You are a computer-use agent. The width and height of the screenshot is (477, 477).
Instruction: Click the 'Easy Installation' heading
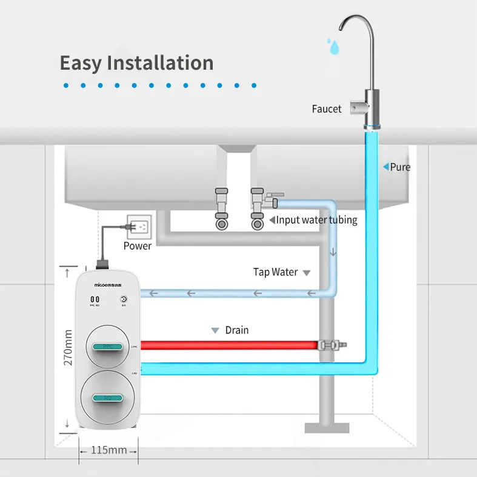136,63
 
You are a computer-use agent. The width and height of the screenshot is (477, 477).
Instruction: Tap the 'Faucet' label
327,109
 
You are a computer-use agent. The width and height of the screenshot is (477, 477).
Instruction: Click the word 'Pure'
400,167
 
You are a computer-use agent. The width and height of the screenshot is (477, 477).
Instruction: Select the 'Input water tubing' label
316,220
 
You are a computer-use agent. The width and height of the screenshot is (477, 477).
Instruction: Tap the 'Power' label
138,245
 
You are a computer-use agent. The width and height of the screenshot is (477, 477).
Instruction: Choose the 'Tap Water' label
276,272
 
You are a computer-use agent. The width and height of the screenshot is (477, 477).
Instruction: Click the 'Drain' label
237,330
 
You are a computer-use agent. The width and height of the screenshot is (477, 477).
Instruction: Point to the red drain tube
230,345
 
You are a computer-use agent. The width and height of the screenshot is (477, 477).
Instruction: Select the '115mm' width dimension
109,450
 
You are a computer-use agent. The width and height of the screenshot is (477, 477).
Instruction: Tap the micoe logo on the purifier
108,282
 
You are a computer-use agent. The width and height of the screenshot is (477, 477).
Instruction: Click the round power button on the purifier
124,299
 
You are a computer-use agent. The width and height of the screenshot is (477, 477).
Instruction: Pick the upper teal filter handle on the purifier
108,346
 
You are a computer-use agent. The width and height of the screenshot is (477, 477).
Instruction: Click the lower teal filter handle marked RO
108,397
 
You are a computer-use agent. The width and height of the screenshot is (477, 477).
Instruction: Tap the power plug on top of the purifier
101,264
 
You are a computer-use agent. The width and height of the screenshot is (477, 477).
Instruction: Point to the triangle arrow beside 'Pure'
385,167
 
